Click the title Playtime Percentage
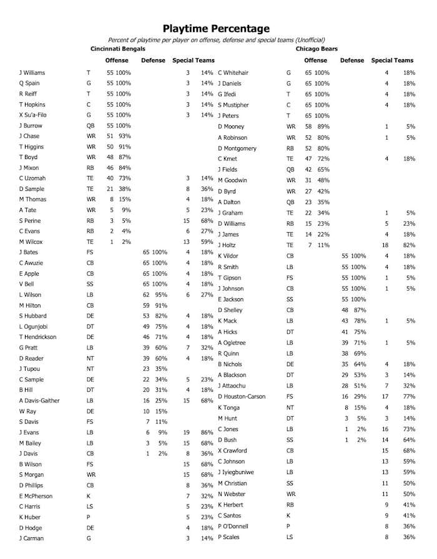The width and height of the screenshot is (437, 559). [216, 28]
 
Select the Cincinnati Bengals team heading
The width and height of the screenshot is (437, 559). [118, 49]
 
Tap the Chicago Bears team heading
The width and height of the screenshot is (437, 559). [317, 49]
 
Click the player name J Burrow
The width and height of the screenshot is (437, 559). [30, 125]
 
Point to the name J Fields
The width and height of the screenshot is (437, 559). [228, 170]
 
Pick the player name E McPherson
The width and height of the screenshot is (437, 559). [36, 497]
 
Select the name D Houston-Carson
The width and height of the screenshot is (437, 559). [243, 397]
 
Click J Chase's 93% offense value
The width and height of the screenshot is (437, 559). [125, 136]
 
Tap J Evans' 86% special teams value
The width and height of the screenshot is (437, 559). [207, 433]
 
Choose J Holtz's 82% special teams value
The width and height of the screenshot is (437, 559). [409, 245]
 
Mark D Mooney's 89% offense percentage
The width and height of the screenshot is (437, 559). [323, 127]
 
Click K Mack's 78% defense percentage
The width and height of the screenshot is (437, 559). [359, 321]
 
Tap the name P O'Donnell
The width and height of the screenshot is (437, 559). [234, 527]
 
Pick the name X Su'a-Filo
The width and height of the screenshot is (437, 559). [34, 115]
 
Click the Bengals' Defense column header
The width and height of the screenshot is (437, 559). [154, 61]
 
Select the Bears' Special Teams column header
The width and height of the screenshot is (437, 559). [392, 61]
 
